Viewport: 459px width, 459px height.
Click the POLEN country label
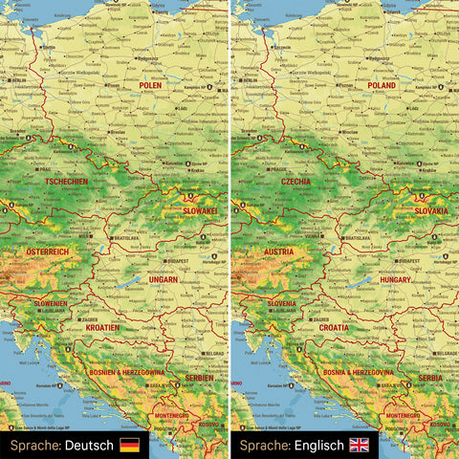click(149, 85)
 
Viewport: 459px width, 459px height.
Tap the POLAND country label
click(381, 85)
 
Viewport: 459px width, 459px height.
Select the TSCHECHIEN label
click(66, 182)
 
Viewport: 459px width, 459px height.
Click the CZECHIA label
click(296, 182)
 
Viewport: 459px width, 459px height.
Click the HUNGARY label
click(395, 279)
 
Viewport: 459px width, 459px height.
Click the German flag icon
click(129, 445)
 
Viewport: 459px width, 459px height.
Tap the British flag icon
click(360, 445)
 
